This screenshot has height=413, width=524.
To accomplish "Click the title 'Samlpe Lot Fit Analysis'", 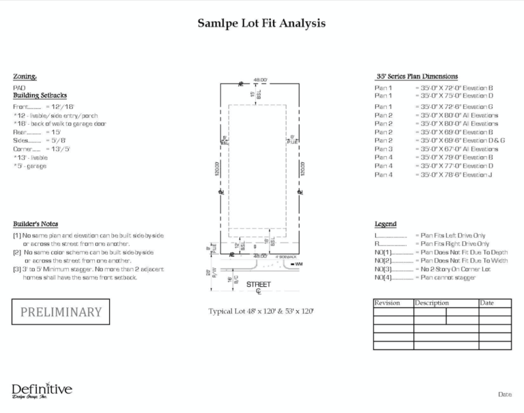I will click(x=261, y=23).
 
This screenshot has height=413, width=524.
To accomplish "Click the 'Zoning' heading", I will click(x=25, y=76).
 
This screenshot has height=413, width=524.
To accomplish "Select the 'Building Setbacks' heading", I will click(x=40, y=96).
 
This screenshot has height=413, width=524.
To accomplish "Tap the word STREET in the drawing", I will click(x=259, y=284).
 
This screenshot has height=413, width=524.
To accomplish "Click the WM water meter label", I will click(x=299, y=264).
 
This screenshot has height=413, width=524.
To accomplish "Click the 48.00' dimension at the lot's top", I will click(x=260, y=79).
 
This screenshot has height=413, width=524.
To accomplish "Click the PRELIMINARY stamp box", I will click(x=61, y=312).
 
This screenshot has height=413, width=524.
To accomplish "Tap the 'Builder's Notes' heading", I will click(x=35, y=224).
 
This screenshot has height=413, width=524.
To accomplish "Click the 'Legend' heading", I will click(x=385, y=224).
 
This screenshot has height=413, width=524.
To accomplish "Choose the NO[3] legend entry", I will click(x=384, y=269).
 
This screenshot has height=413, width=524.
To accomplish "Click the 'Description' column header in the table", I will click(x=431, y=303).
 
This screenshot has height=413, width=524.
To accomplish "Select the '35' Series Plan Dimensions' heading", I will click(x=416, y=76).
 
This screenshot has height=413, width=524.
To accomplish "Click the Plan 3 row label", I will click(x=383, y=149).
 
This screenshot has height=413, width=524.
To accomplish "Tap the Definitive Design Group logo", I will click(x=42, y=391).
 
